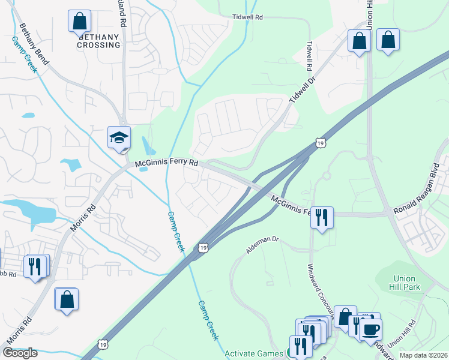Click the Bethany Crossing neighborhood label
point(98,41)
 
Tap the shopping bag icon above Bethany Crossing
point(79,22)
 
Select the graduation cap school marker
point(119,137)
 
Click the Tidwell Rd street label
point(248,18)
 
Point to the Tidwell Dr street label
point(303,92)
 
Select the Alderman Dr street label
point(262,245)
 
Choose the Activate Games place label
point(255,353)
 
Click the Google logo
point(20,353)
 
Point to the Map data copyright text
point(423,355)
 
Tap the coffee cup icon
point(370,329)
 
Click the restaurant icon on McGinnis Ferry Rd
point(322,217)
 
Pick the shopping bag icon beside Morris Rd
point(66,299)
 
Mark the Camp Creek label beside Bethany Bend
point(24,54)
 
